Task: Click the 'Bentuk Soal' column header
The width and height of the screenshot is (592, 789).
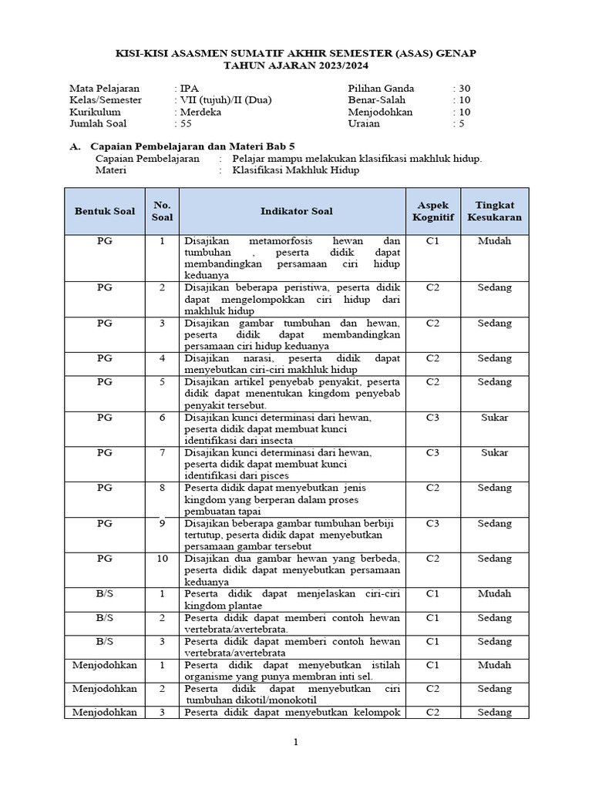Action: coord(104,211)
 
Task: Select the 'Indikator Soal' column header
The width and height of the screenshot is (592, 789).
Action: coord(292,211)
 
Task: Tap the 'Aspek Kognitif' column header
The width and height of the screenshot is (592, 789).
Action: coord(432,211)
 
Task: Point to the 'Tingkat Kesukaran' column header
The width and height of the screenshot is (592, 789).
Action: coord(494,211)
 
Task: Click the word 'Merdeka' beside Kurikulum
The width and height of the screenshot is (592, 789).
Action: coord(200,112)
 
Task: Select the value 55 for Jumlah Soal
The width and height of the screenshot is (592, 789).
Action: coord(184,123)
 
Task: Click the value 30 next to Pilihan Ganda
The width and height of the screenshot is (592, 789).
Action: coord(465,88)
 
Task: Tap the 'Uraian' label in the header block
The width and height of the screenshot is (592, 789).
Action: coord(363,123)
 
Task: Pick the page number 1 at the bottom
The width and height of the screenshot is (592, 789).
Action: coord(295,742)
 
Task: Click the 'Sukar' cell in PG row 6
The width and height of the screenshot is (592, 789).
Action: coord(494,418)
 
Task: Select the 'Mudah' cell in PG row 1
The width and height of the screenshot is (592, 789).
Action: coord(494,241)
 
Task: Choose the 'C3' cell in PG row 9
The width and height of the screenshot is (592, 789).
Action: coord(432,523)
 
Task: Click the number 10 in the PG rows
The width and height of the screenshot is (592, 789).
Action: coord(162,559)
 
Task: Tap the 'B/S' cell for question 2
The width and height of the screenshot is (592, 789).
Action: coord(104,618)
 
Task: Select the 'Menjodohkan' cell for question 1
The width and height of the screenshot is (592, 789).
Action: coord(104,665)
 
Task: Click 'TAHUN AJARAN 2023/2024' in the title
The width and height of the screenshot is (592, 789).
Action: coord(295,66)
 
